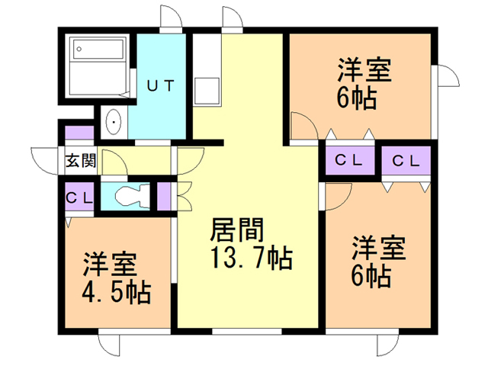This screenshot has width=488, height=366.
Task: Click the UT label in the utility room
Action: pos(160,86)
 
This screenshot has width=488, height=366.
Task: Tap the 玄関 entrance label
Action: pos(80,161)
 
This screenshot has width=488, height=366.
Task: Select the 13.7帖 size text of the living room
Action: pos(252,258)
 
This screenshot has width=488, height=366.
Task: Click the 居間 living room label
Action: pos(237,230)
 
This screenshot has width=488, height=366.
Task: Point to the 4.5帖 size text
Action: pos(117,292)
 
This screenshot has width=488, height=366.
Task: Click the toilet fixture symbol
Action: pos(132,196)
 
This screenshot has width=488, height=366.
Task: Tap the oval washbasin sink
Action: pos(114,122)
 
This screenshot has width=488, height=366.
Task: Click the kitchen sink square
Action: pos(207,91)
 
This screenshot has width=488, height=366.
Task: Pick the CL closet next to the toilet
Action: pos(79,197)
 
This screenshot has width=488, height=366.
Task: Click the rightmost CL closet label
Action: pos(406,161)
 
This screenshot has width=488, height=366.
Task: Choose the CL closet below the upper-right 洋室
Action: pos(350,160)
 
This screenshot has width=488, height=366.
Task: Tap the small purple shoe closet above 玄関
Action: pos(79,133)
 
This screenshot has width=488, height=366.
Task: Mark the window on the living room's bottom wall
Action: pos(247,331)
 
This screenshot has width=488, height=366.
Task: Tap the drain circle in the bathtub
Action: pos(79,49)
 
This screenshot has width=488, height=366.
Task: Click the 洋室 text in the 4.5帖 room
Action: pos(110,265)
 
